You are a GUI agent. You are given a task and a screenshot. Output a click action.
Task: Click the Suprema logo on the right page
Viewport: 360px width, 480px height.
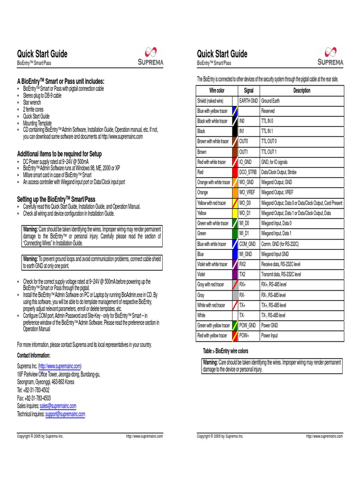(330, 56)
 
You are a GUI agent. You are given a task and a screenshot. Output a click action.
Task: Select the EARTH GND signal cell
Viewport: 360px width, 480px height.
(248, 101)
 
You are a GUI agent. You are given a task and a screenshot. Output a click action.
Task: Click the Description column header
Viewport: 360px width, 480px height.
(301, 90)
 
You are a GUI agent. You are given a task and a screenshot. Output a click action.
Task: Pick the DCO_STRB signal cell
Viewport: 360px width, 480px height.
(248, 172)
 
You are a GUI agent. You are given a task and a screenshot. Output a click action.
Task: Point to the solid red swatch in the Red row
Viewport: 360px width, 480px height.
(234, 172)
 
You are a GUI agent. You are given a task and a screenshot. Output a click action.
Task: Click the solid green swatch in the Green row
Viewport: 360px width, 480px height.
(234, 233)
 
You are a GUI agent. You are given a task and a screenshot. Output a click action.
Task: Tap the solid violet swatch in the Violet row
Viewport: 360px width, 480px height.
(234, 274)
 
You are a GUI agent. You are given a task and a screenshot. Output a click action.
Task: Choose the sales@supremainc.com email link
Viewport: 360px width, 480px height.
(58, 406)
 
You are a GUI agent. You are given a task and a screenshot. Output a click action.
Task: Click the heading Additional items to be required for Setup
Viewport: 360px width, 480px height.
(60, 154)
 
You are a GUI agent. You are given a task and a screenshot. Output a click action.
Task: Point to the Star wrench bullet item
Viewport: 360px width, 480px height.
(32, 102)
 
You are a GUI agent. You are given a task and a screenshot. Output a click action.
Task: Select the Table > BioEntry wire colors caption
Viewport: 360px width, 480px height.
(225, 351)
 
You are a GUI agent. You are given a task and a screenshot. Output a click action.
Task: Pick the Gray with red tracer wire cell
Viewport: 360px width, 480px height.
(211, 285)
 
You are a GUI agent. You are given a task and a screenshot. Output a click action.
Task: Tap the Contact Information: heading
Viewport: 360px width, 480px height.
(34, 355)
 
